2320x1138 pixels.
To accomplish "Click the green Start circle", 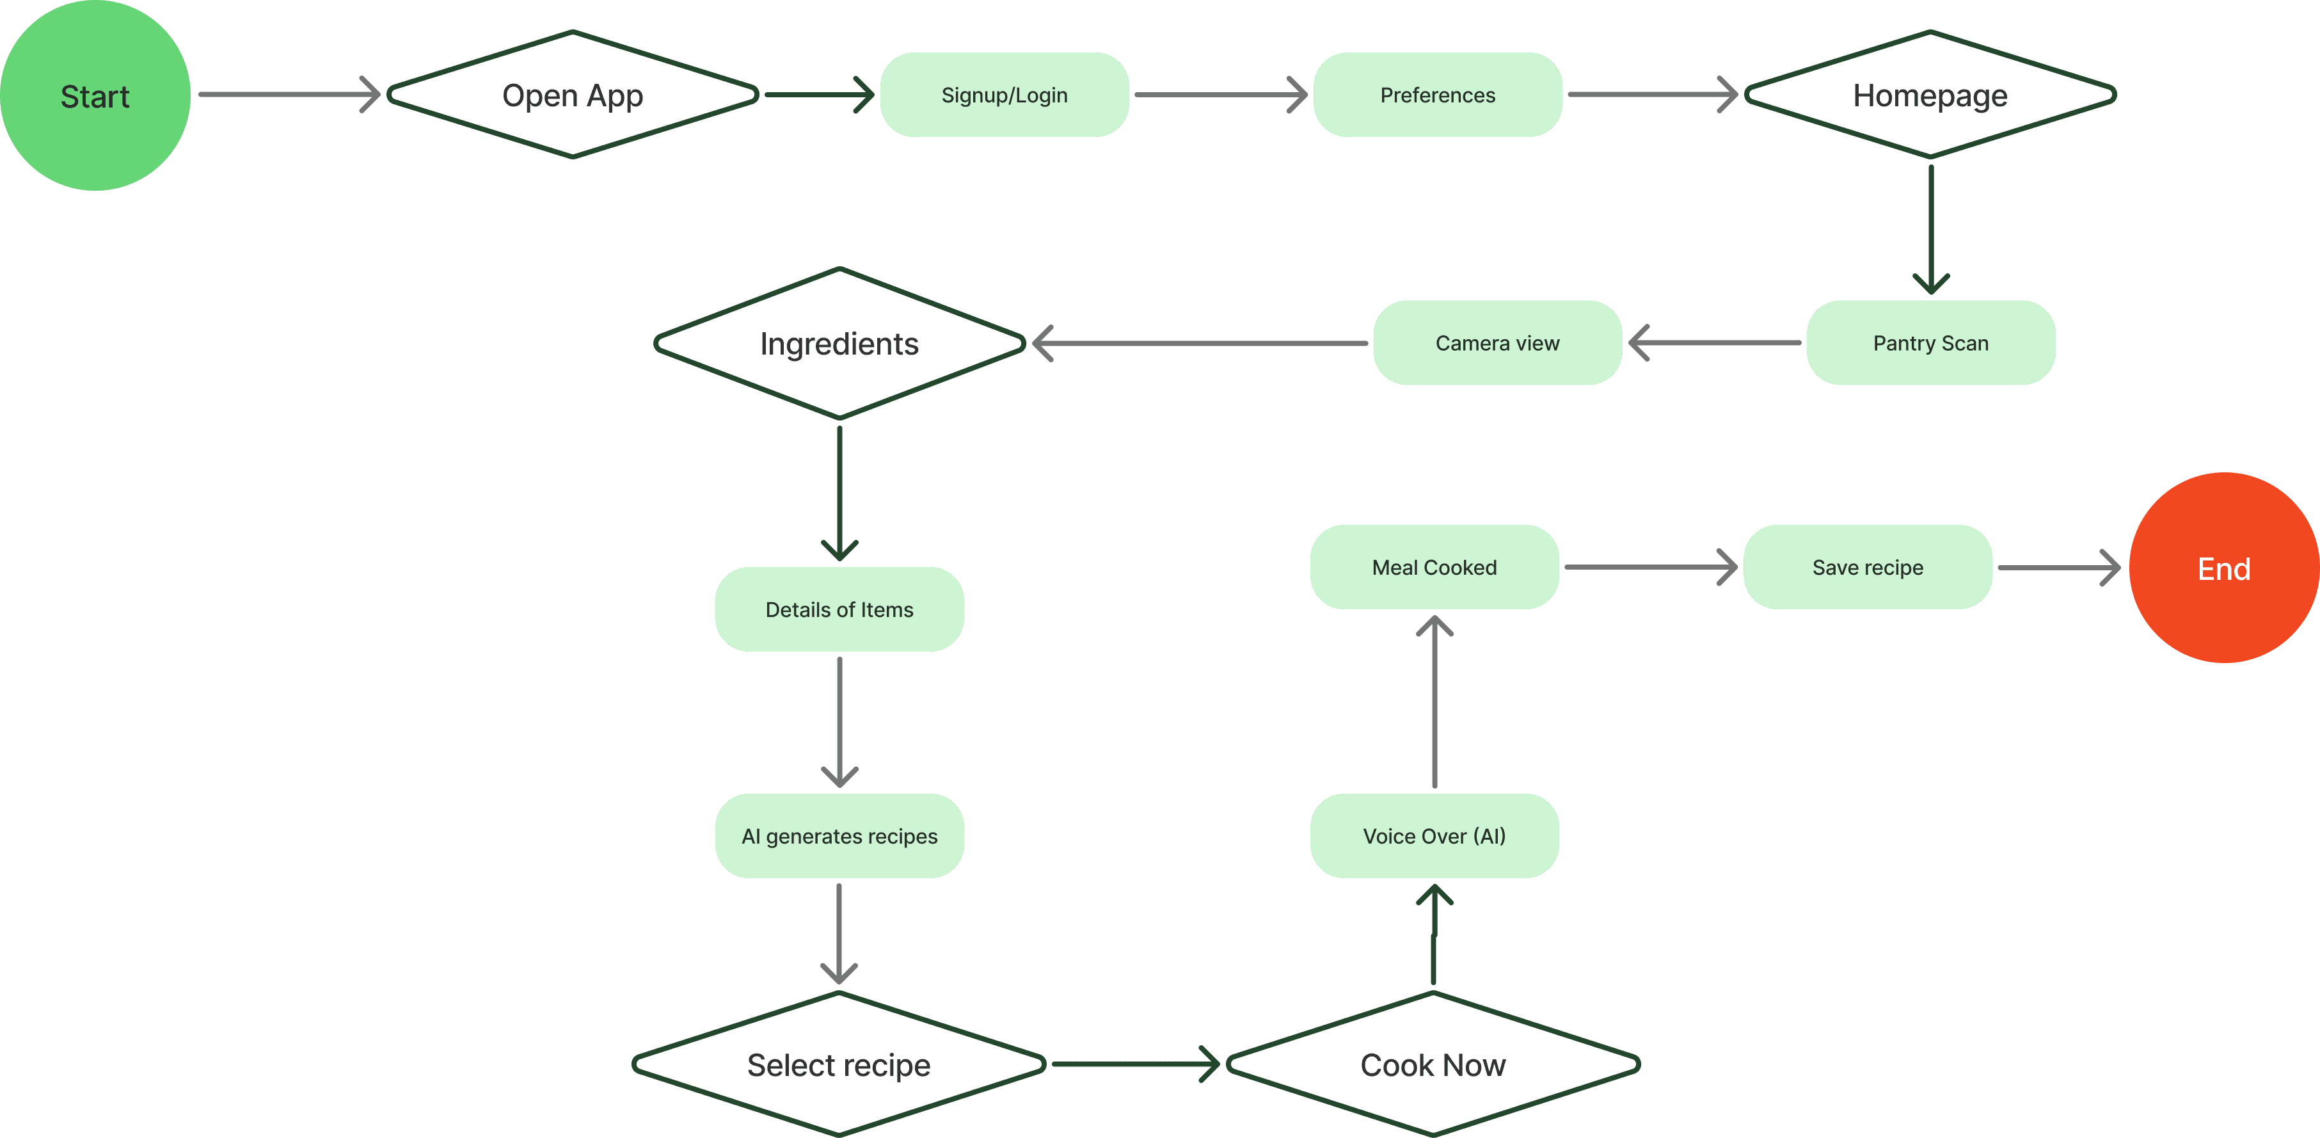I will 95,95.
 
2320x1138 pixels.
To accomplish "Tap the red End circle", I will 2223,568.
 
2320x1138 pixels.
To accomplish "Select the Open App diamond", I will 573,95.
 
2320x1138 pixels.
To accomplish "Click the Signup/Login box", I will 1004,95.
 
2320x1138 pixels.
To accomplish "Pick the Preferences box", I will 1438,95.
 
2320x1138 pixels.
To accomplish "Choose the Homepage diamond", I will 1930,95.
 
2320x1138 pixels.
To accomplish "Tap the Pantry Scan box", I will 1930,342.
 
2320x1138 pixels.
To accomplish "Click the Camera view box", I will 1497,342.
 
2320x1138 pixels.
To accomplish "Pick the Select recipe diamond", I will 838,1064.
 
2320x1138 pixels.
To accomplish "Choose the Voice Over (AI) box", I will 1434,835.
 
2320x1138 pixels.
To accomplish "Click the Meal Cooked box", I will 1434,566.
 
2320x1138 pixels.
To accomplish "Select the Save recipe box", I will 1867,566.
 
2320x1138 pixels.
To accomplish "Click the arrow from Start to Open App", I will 288,93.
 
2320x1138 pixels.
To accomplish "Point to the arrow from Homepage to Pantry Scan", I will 1930,229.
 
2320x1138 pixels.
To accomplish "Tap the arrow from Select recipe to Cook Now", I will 1135,1064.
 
